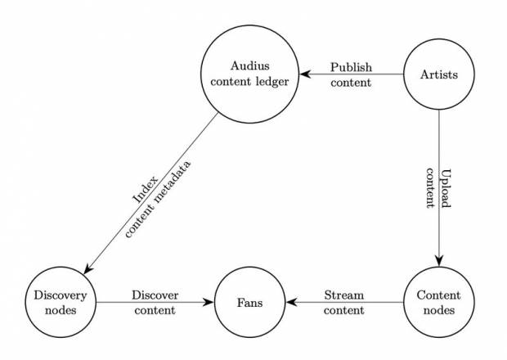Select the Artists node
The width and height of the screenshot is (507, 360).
click(x=439, y=75)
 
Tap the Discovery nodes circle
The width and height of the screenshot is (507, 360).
click(x=61, y=302)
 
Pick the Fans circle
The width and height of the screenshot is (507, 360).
click(x=250, y=302)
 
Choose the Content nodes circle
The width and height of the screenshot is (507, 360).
click(x=439, y=302)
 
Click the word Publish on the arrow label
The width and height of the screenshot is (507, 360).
click(x=352, y=66)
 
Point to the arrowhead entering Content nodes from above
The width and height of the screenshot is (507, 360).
click(x=439, y=261)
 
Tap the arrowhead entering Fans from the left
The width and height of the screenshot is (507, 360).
click(x=209, y=302)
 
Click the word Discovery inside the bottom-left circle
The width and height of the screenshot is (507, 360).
click(x=61, y=295)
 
